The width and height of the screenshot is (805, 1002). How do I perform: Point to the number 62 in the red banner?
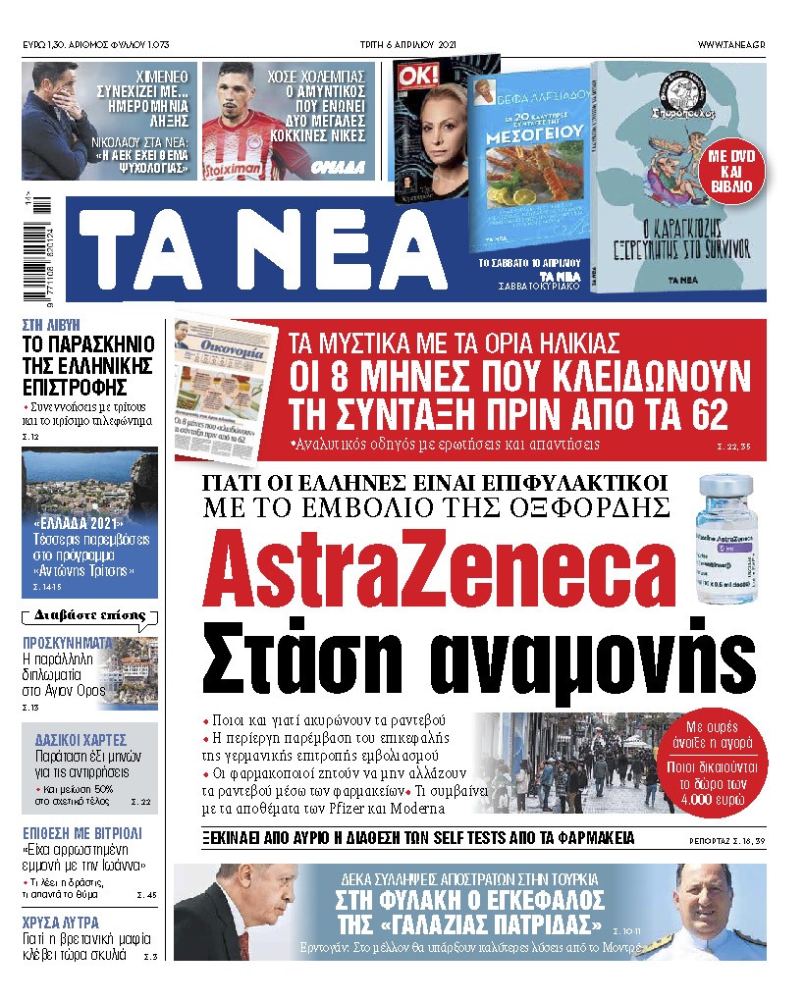pos(700,414)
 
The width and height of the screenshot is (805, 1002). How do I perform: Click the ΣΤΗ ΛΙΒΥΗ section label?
pos(51,324)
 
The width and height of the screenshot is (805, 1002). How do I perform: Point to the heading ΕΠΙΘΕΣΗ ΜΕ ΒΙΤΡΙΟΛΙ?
pos(82,832)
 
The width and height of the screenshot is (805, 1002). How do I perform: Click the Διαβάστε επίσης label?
pos(89,616)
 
